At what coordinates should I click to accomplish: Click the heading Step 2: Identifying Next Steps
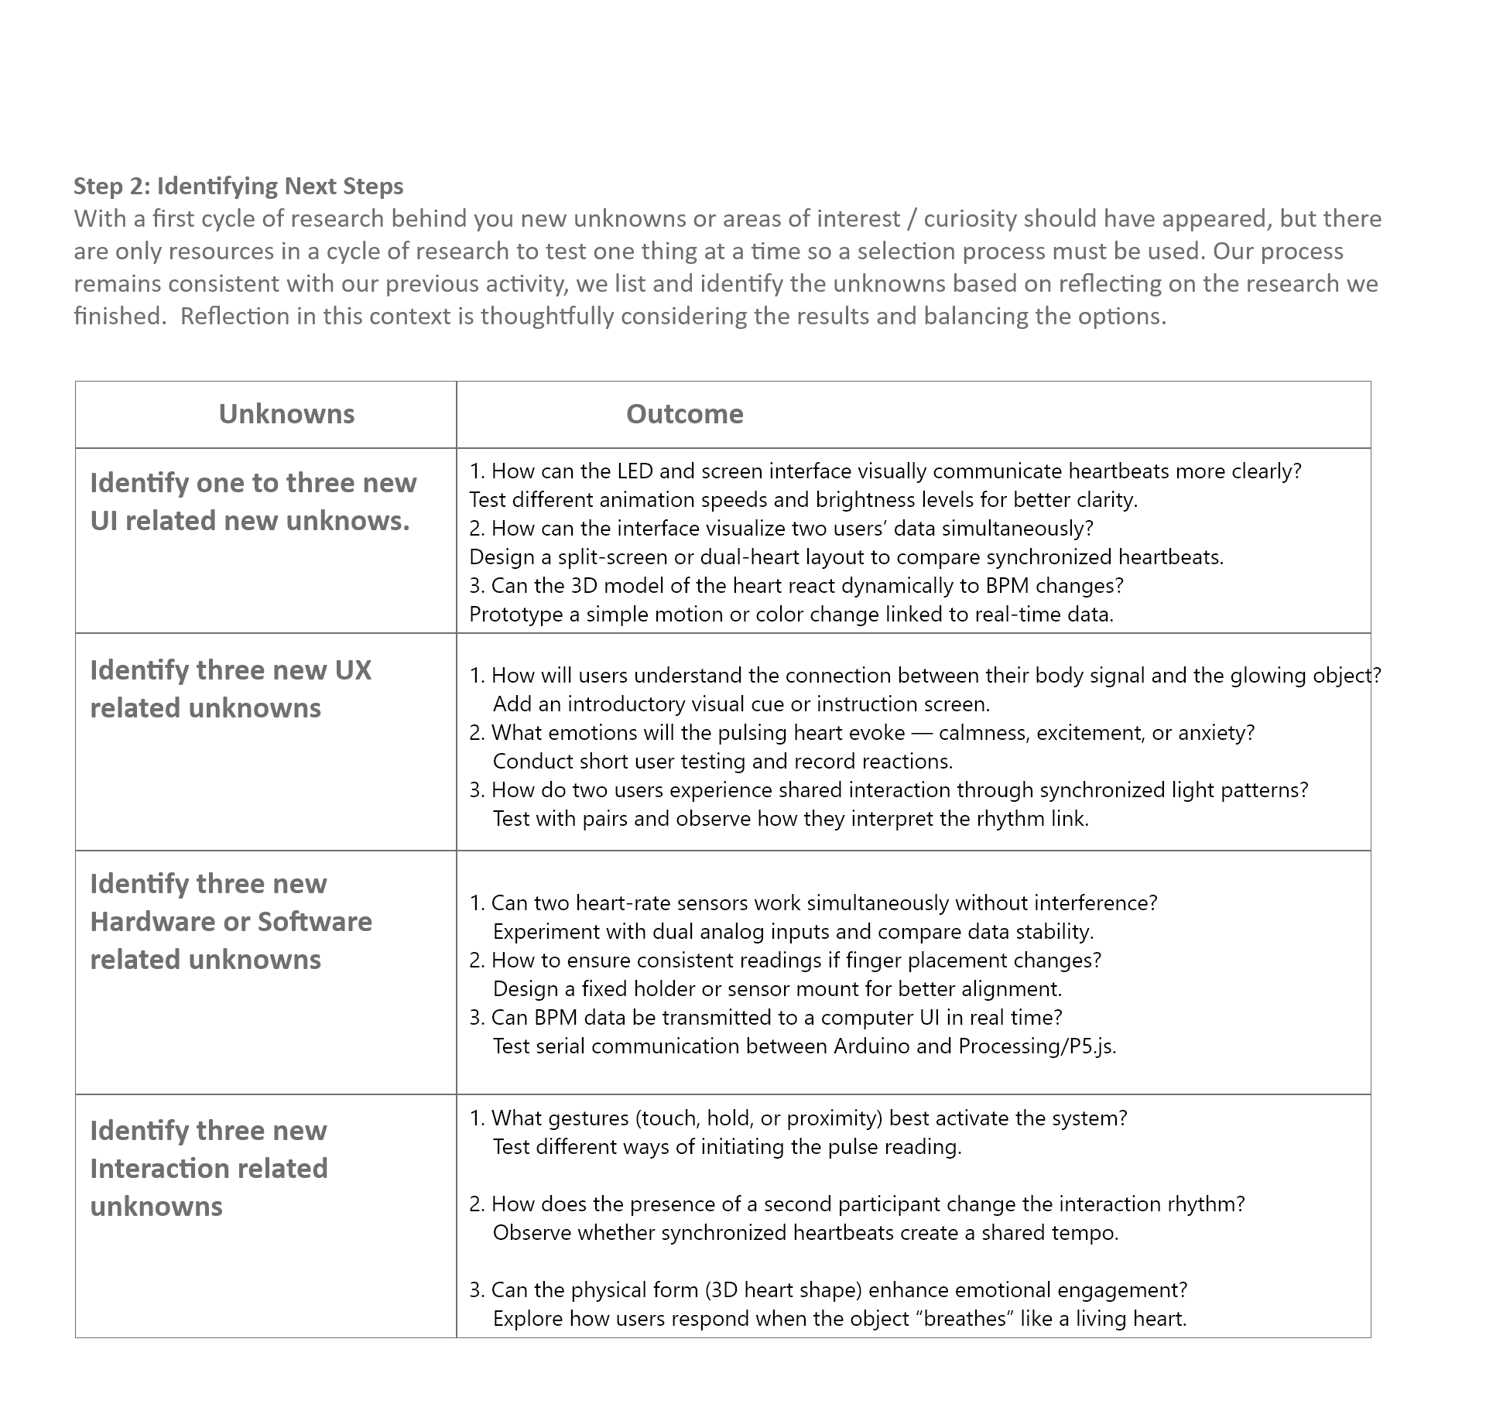click(x=238, y=187)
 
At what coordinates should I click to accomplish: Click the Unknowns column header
click(x=286, y=414)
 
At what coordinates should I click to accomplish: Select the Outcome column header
click(x=684, y=414)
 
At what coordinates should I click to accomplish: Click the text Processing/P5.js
click(x=1036, y=1046)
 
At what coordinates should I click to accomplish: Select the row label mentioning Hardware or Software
click(x=231, y=922)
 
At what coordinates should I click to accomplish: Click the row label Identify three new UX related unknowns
click(x=231, y=689)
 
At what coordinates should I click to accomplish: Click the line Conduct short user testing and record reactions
click(x=722, y=762)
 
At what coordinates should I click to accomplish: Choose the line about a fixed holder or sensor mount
click(x=777, y=989)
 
